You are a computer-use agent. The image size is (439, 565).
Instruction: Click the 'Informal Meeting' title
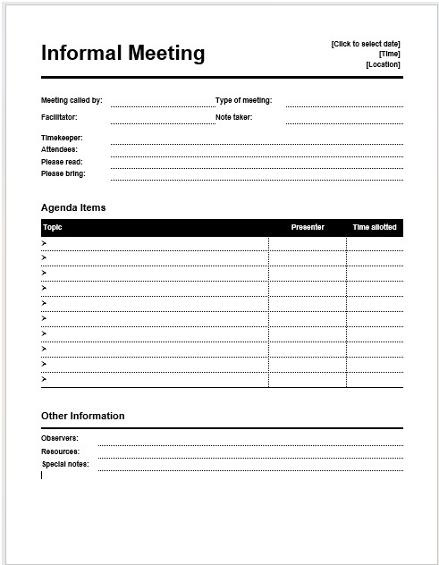122,54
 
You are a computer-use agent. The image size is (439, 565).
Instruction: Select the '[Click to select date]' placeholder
366,44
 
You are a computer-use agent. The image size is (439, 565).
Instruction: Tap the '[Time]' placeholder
389,54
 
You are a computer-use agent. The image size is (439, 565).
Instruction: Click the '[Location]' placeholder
383,64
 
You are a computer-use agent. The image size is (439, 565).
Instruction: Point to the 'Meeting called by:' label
72,100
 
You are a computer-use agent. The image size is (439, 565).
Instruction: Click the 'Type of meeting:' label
243,100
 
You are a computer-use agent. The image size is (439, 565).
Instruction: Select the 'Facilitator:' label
59,117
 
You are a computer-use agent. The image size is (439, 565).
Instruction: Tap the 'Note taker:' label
234,117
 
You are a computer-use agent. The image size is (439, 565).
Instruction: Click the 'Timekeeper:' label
62,138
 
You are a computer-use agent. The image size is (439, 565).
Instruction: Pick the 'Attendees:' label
59,149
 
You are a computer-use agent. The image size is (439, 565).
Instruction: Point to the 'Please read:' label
62,162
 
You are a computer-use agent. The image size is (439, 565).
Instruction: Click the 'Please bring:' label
63,173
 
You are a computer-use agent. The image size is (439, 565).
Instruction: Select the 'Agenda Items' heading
73,207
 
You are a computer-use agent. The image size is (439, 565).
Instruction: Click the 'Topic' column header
53,227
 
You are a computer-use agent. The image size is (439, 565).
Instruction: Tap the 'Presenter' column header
308,227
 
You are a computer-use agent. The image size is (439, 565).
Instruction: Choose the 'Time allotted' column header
375,227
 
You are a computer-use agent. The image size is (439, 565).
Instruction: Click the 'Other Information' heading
83,416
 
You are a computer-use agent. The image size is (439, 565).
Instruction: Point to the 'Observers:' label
60,438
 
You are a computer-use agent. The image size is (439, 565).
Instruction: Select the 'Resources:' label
60,451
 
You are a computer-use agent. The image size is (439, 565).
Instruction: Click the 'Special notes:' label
65,464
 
